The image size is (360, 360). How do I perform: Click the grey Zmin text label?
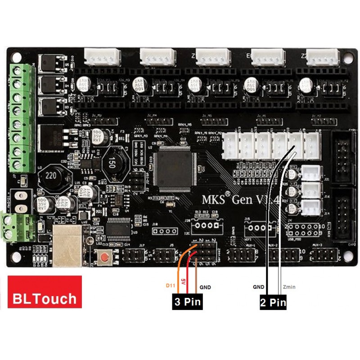(289, 287)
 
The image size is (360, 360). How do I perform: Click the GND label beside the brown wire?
(205, 287)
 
